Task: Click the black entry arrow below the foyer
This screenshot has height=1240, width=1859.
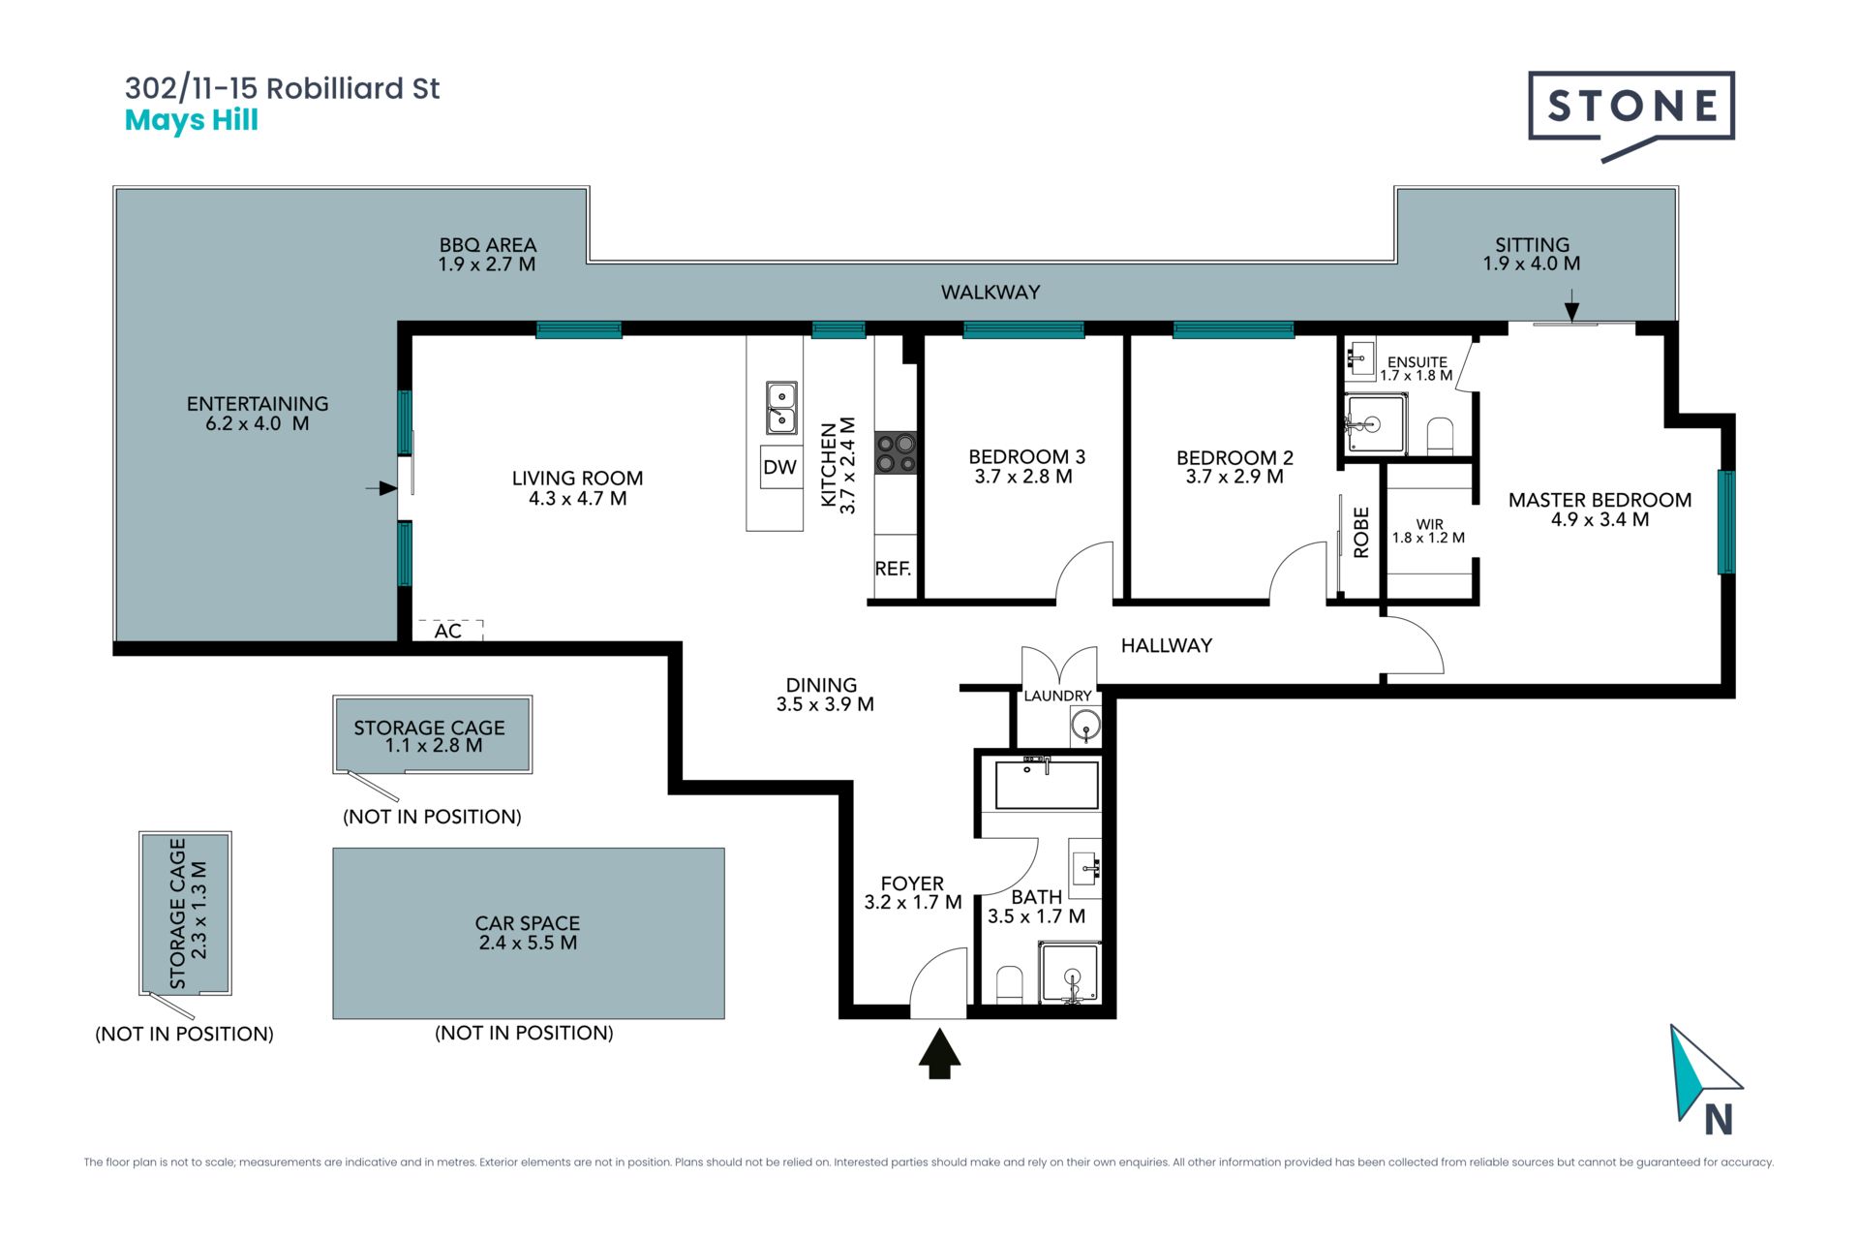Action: [939, 1054]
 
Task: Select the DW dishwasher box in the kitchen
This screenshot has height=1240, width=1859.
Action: [780, 468]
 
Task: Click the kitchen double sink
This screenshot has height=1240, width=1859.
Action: [781, 408]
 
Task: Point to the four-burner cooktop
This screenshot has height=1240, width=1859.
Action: [896, 453]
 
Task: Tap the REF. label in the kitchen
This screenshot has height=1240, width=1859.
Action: [893, 569]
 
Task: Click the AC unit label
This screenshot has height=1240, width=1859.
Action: [448, 631]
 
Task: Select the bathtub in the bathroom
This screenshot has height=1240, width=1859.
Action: [1047, 784]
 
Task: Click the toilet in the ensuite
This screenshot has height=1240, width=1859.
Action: [1440, 437]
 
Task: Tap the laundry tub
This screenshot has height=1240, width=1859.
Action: [1085, 725]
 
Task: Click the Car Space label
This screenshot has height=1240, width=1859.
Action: [528, 933]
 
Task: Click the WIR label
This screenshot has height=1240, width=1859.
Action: [1429, 524]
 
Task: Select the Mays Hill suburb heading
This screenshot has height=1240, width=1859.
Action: [192, 121]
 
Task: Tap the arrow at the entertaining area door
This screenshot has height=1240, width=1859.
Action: [381, 488]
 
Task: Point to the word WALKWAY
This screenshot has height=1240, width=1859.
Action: [990, 292]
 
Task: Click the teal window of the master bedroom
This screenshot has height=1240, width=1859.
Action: [1725, 521]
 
